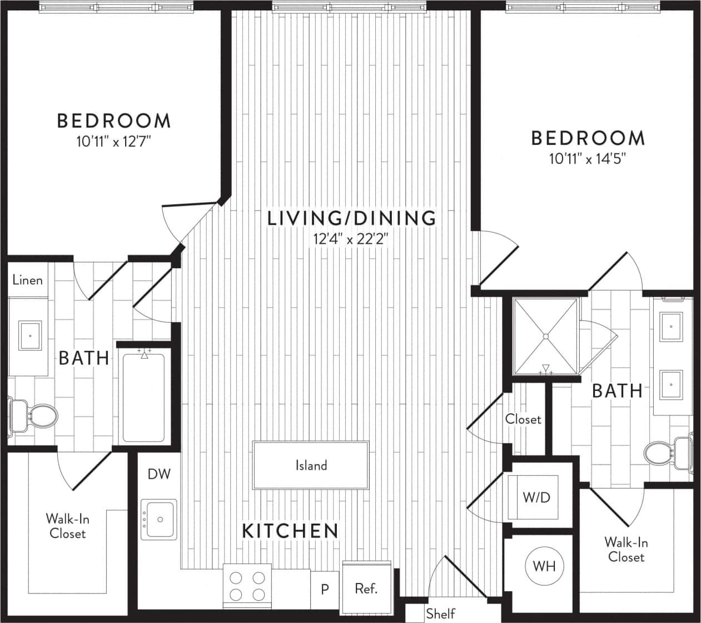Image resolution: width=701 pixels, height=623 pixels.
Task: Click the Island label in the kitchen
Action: pyautogui.click(x=311, y=465)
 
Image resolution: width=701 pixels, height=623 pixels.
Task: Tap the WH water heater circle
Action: pyautogui.click(x=544, y=566)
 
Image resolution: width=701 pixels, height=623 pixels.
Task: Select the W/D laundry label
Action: pyautogui.click(x=536, y=497)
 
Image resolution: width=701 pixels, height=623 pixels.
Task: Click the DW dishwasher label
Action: pyautogui.click(x=159, y=474)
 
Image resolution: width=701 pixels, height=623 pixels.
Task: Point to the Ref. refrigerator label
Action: pyautogui.click(x=366, y=589)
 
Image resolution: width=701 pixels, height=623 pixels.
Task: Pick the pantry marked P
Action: pyautogui.click(x=325, y=589)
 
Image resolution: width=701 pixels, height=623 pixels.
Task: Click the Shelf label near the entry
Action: pyautogui.click(x=441, y=614)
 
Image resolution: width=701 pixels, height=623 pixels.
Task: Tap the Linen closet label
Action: pyautogui.click(x=27, y=280)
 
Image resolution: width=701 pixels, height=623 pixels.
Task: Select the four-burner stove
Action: pyautogui.click(x=247, y=586)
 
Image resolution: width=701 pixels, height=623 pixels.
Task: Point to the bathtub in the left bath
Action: pyautogui.click(x=143, y=395)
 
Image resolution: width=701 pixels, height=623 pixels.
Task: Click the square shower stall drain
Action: pyautogui.click(x=546, y=336)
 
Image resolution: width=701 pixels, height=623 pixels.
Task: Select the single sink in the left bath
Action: pyautogui.click(x=31, y=335)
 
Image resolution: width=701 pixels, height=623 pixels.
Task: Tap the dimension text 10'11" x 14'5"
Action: pyautogui.click(x=588, y=159)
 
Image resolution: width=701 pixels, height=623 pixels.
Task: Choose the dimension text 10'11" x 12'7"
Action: pyautogui.click(x=114, y=142)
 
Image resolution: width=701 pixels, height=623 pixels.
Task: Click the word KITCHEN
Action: pyautogui.click(x=290, y=531)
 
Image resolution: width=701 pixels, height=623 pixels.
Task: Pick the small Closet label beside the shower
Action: pyautogui.click(x=523, y=419)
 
